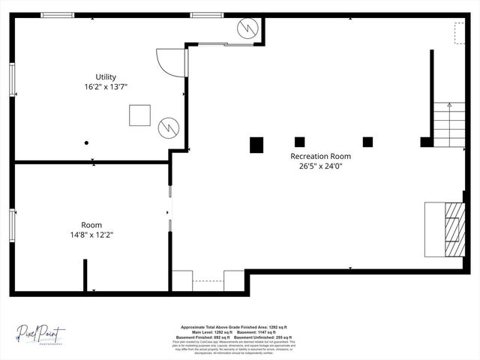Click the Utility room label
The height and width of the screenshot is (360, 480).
(105, 77)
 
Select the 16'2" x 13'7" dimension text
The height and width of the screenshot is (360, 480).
(105, 87)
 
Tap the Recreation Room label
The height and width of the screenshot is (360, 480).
(320, 156)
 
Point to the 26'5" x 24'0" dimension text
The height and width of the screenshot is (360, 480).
(320, 166)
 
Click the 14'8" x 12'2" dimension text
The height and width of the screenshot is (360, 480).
(91, 235)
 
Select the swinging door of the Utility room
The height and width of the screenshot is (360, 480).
(169, 62)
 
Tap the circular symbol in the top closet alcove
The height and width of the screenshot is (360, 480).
(247, 29)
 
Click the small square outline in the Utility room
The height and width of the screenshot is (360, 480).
(139, 115)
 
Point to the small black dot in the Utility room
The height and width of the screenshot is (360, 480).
(87, 142)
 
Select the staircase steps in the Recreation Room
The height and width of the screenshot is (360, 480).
(448, 125)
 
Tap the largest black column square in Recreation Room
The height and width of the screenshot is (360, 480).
(256, 145)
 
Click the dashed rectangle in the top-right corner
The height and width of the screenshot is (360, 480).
(460, 32)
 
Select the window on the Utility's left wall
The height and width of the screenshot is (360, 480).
(12, 79)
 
